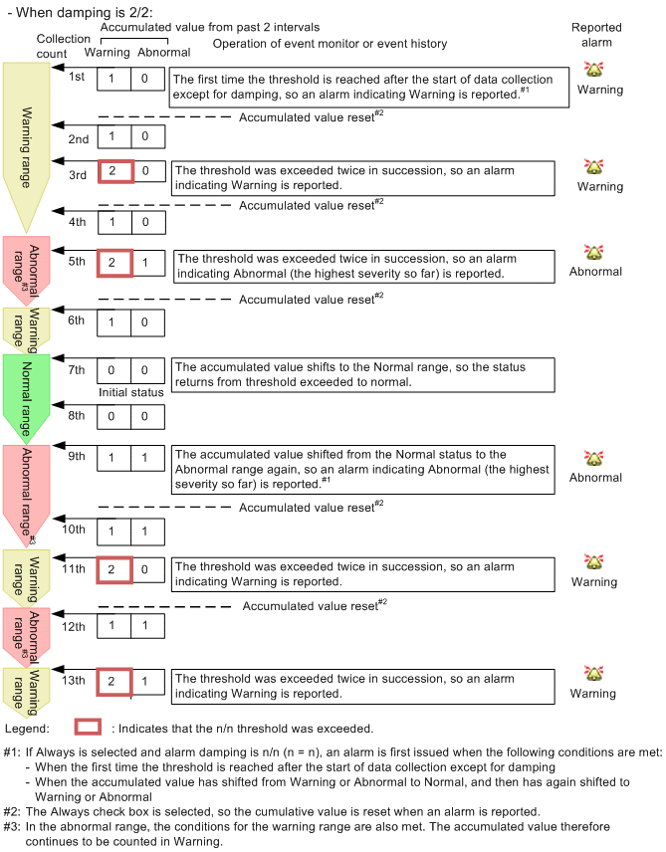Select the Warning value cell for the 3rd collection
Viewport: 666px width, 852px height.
(113, 171)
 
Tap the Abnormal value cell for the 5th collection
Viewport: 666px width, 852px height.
(146, 263)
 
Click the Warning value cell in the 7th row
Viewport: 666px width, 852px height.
(113, 370)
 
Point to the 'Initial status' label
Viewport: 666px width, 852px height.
(130, 392)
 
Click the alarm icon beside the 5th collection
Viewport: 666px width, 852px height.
(595, 253)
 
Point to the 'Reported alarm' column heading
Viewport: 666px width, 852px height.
(595, 36)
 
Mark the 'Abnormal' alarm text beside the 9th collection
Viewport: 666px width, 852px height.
(595, 477)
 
